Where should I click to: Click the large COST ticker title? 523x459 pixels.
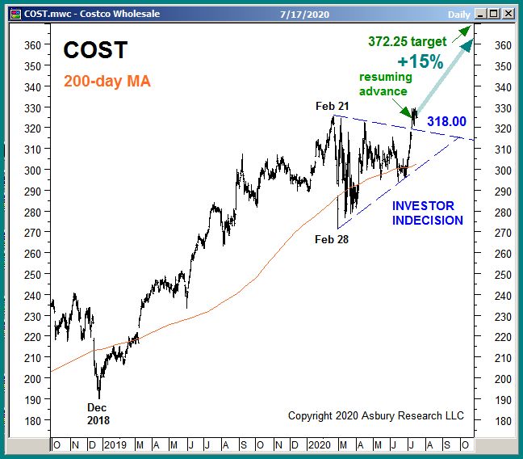click(x=95, y=50)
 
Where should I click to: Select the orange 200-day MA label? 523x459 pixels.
click(x=106, y=82)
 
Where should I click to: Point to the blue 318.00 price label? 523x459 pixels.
click(x=446, y=121)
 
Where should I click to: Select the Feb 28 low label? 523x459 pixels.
click(x=332, y=239)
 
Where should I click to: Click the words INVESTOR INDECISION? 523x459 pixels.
click(x=428, y=213)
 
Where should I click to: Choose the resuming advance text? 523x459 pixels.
click(x=386, y=84)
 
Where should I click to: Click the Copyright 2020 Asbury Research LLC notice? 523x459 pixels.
click(x=376, y=415)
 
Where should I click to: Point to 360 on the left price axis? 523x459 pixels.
click(x=31, y=45)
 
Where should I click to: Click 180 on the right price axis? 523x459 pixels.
click(x=502, y=420)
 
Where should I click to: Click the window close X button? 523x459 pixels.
click(x=509, y=14)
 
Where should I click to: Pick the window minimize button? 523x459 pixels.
click(x=481, y=14)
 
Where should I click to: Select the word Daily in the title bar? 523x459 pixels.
click(x=458, y=14)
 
